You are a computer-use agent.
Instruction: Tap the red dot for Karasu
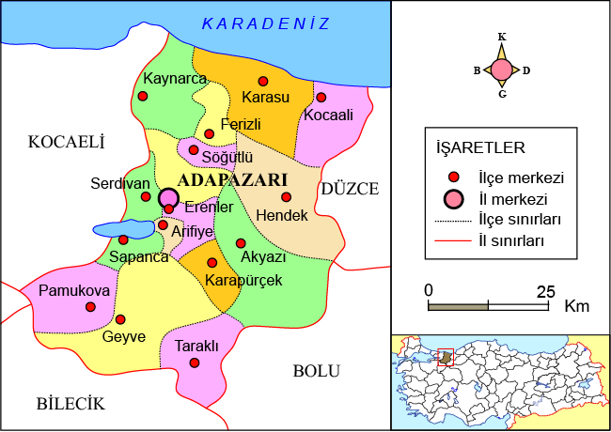(262, 81)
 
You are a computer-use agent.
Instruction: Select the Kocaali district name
(328, 115)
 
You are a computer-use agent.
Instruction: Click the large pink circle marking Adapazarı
(168, 197)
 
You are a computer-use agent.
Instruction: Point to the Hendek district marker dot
(287, 197)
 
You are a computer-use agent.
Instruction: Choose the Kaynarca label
(174, 78)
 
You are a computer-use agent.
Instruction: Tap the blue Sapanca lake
(122, 228)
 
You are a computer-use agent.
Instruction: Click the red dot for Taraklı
(195, 363)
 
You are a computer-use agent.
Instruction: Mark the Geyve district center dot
(119, 319)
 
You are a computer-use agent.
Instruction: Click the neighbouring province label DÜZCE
(350, 189)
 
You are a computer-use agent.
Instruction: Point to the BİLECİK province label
(70, 404)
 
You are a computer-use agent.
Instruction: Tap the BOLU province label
(316, 371)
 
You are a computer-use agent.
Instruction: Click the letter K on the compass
(502, 38)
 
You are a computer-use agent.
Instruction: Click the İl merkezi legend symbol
(454, 199)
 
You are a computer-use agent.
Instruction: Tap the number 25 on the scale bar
(544, 290)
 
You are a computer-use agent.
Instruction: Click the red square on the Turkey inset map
(446, 357)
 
